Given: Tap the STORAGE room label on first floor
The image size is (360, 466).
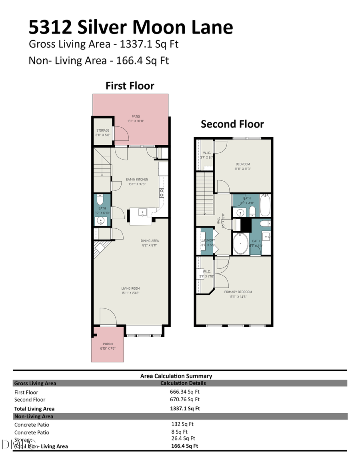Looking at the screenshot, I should click(103, 130).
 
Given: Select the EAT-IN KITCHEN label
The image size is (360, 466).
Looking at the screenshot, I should click(137, 180).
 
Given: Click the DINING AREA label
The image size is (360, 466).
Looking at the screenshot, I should click(150, 241).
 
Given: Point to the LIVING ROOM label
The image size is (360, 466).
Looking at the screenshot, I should click(130, 288).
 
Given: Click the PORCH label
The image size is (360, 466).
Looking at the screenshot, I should click(108, 344).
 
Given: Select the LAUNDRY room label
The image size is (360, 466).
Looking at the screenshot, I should click(208, 240).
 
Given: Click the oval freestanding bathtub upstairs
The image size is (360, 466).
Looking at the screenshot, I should click(240, 244).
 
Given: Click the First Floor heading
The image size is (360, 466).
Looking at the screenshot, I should click(130, 86).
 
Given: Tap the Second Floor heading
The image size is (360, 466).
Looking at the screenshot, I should click(232, 124).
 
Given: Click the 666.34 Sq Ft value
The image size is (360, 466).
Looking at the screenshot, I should click(184, 392).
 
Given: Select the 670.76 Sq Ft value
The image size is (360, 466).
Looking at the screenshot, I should click(184, 399).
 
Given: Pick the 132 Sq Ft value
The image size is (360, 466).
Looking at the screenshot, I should click(182, 424).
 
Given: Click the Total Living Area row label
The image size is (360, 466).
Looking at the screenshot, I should click(34, 409).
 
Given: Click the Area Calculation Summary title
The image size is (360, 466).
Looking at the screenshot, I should click(176, 376).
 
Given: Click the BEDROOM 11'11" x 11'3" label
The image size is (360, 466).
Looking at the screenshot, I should click(242, 164).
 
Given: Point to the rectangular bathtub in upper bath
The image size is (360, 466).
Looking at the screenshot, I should click(265, 205).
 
